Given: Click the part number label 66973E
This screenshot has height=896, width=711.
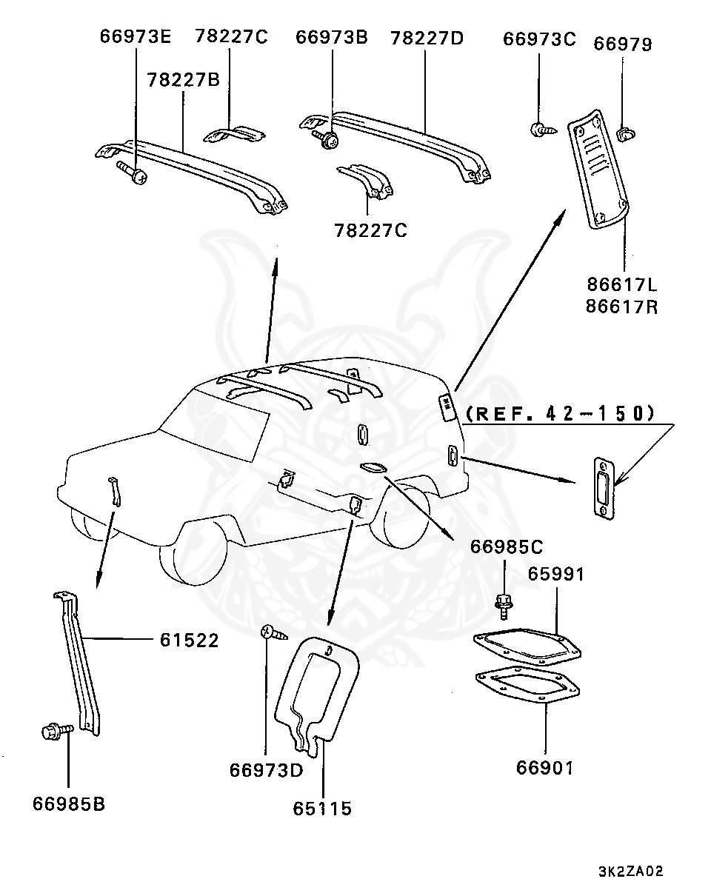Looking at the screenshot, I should pos(136,38).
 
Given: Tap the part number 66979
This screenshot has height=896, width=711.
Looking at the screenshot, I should pos(623,44).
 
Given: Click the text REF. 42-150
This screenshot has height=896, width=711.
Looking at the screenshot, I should pos(561,413).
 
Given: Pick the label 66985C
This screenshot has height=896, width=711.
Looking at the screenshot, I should pos(507,547).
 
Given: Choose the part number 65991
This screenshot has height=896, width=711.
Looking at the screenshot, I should pos(555,574).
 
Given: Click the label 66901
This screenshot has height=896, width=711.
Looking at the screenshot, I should pos(545,768).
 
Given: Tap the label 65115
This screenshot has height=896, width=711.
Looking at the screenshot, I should pos(322,809).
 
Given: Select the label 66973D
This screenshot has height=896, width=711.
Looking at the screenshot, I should pos(266,770).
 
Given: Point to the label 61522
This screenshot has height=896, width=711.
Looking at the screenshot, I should pos(189,640).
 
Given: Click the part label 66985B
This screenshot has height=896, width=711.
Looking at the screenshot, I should pos(68,803).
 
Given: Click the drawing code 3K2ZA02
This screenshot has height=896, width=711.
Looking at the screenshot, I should pos(630,871).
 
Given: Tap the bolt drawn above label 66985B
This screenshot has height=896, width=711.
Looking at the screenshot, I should pos(56,732).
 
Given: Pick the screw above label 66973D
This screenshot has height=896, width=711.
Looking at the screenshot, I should pos(270,633).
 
